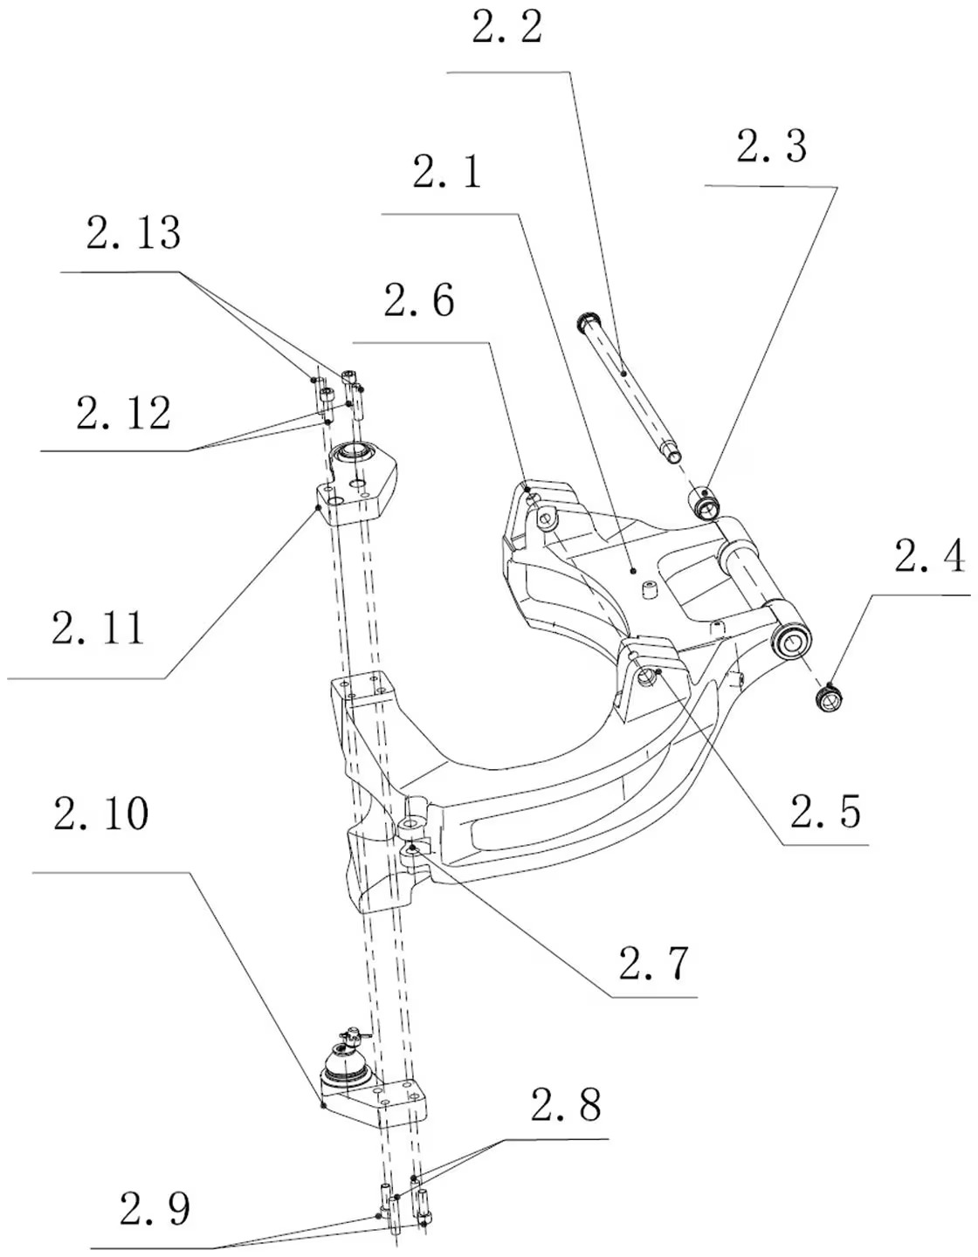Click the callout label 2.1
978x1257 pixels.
point(446,173)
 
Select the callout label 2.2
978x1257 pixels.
point(506,28)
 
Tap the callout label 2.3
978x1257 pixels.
point(771,147)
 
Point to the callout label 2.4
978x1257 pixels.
point(928,556)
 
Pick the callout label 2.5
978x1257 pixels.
point(825,811)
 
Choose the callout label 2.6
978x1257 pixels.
point(418,301)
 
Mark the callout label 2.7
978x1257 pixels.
point(654,963)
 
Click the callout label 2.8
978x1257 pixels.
point(567,1106)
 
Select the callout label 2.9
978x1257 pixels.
point(155,1210)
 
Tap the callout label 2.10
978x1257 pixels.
point(100,814)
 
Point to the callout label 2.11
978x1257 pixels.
point(98,628)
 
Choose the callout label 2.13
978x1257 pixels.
point(134,233)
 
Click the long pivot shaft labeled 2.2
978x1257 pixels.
point(629,385)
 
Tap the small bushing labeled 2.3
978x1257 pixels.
point(705,502)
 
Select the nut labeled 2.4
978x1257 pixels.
point(830,697)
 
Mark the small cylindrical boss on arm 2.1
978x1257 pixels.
point(648,591)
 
